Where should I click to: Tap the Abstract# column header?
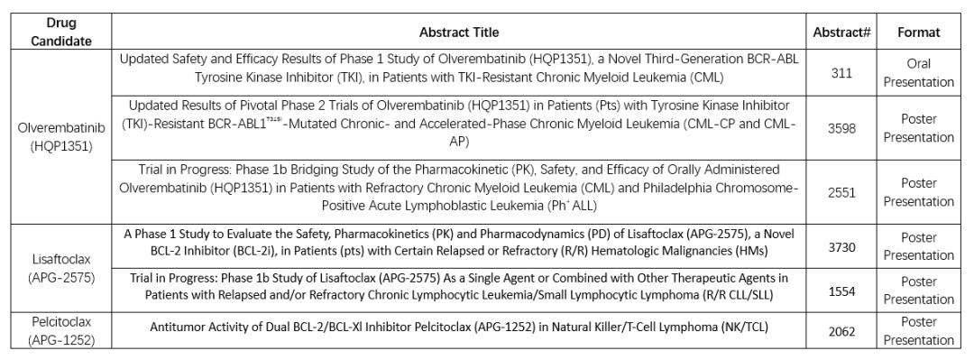[x=841, y=32]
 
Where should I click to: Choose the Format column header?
[x=919, y=32]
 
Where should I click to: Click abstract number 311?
[x=841, y=73]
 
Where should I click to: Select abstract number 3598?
[x=841, y=128]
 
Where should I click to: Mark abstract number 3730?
[x=841, y=245]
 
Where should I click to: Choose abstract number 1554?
[x=841, y=290]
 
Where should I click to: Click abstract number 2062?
[x=841, y=330]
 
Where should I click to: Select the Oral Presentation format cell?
[x=919, y=73]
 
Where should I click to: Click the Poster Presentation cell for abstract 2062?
[x=919, y=330]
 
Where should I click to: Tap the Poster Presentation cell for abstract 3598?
[x=919, y=128]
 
